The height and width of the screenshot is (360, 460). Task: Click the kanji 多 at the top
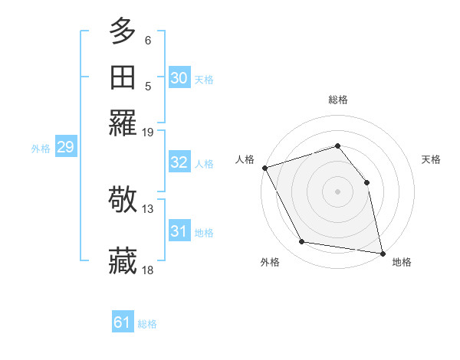[123, 32]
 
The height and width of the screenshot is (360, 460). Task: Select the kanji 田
[123, 77]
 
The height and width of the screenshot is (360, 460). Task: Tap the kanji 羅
[123, 123]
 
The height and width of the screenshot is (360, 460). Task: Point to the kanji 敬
[123, 200]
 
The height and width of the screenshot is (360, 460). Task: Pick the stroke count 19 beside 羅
[148, 132]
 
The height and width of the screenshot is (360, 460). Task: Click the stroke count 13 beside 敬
[148, 208]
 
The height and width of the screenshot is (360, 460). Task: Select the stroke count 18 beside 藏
[148, 270]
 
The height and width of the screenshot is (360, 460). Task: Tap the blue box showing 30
[179, 77]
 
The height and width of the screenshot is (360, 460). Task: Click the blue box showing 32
[179, 162]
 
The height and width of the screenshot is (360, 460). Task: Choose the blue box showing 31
[179, 231]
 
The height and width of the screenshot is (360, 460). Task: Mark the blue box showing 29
[65, 147]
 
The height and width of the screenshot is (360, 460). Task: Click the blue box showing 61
[123, 322]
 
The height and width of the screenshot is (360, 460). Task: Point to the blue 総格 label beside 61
[147, 324]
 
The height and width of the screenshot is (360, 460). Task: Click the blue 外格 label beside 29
[40, 149]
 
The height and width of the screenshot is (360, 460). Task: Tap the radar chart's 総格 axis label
[337, 100]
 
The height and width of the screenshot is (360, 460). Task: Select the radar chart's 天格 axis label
[431, 159]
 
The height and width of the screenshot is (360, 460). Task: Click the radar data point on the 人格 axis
[264, 168]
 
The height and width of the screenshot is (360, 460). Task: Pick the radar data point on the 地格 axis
[382, 253]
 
